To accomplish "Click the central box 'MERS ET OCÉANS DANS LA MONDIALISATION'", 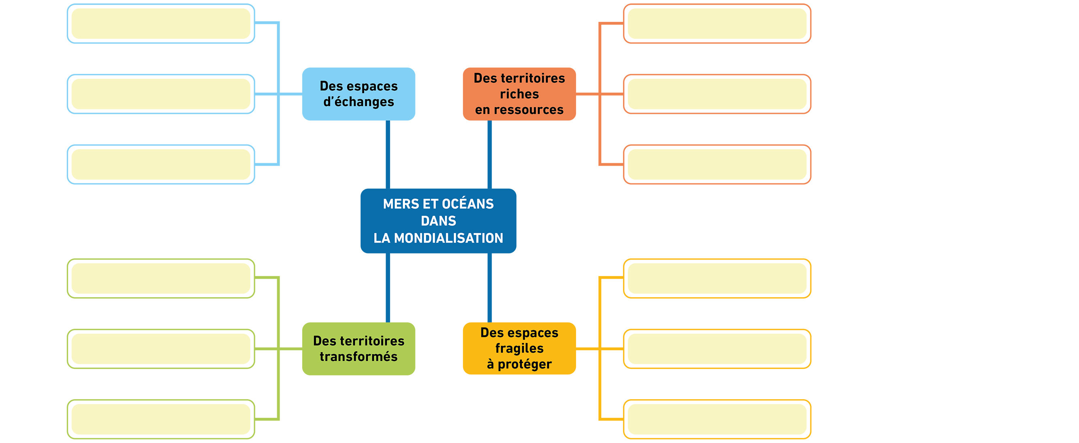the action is (438, 221).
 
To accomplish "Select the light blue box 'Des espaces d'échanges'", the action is (358, 94).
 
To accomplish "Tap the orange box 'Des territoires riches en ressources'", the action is (519, 94).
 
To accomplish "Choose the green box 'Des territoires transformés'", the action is (358, 349).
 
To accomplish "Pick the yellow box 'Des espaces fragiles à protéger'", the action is (519, 348).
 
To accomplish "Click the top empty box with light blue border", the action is (161, 23).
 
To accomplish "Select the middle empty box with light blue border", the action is (161, 94).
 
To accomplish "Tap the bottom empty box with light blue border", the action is (161, 164).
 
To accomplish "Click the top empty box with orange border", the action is (717, 23).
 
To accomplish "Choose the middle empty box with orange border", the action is (717, 94).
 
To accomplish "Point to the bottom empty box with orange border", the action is (717, 164).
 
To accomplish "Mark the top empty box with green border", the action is (161, 278).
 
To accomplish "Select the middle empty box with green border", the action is (161, 349).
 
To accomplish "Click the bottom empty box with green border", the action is (161, 419).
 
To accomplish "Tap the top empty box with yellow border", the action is (717, 278).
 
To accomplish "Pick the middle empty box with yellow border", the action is (717, 349).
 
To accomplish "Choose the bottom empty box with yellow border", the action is (717, 419).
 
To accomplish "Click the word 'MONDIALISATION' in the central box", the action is (449, 238).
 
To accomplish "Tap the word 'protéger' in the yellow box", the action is (524, 364).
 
